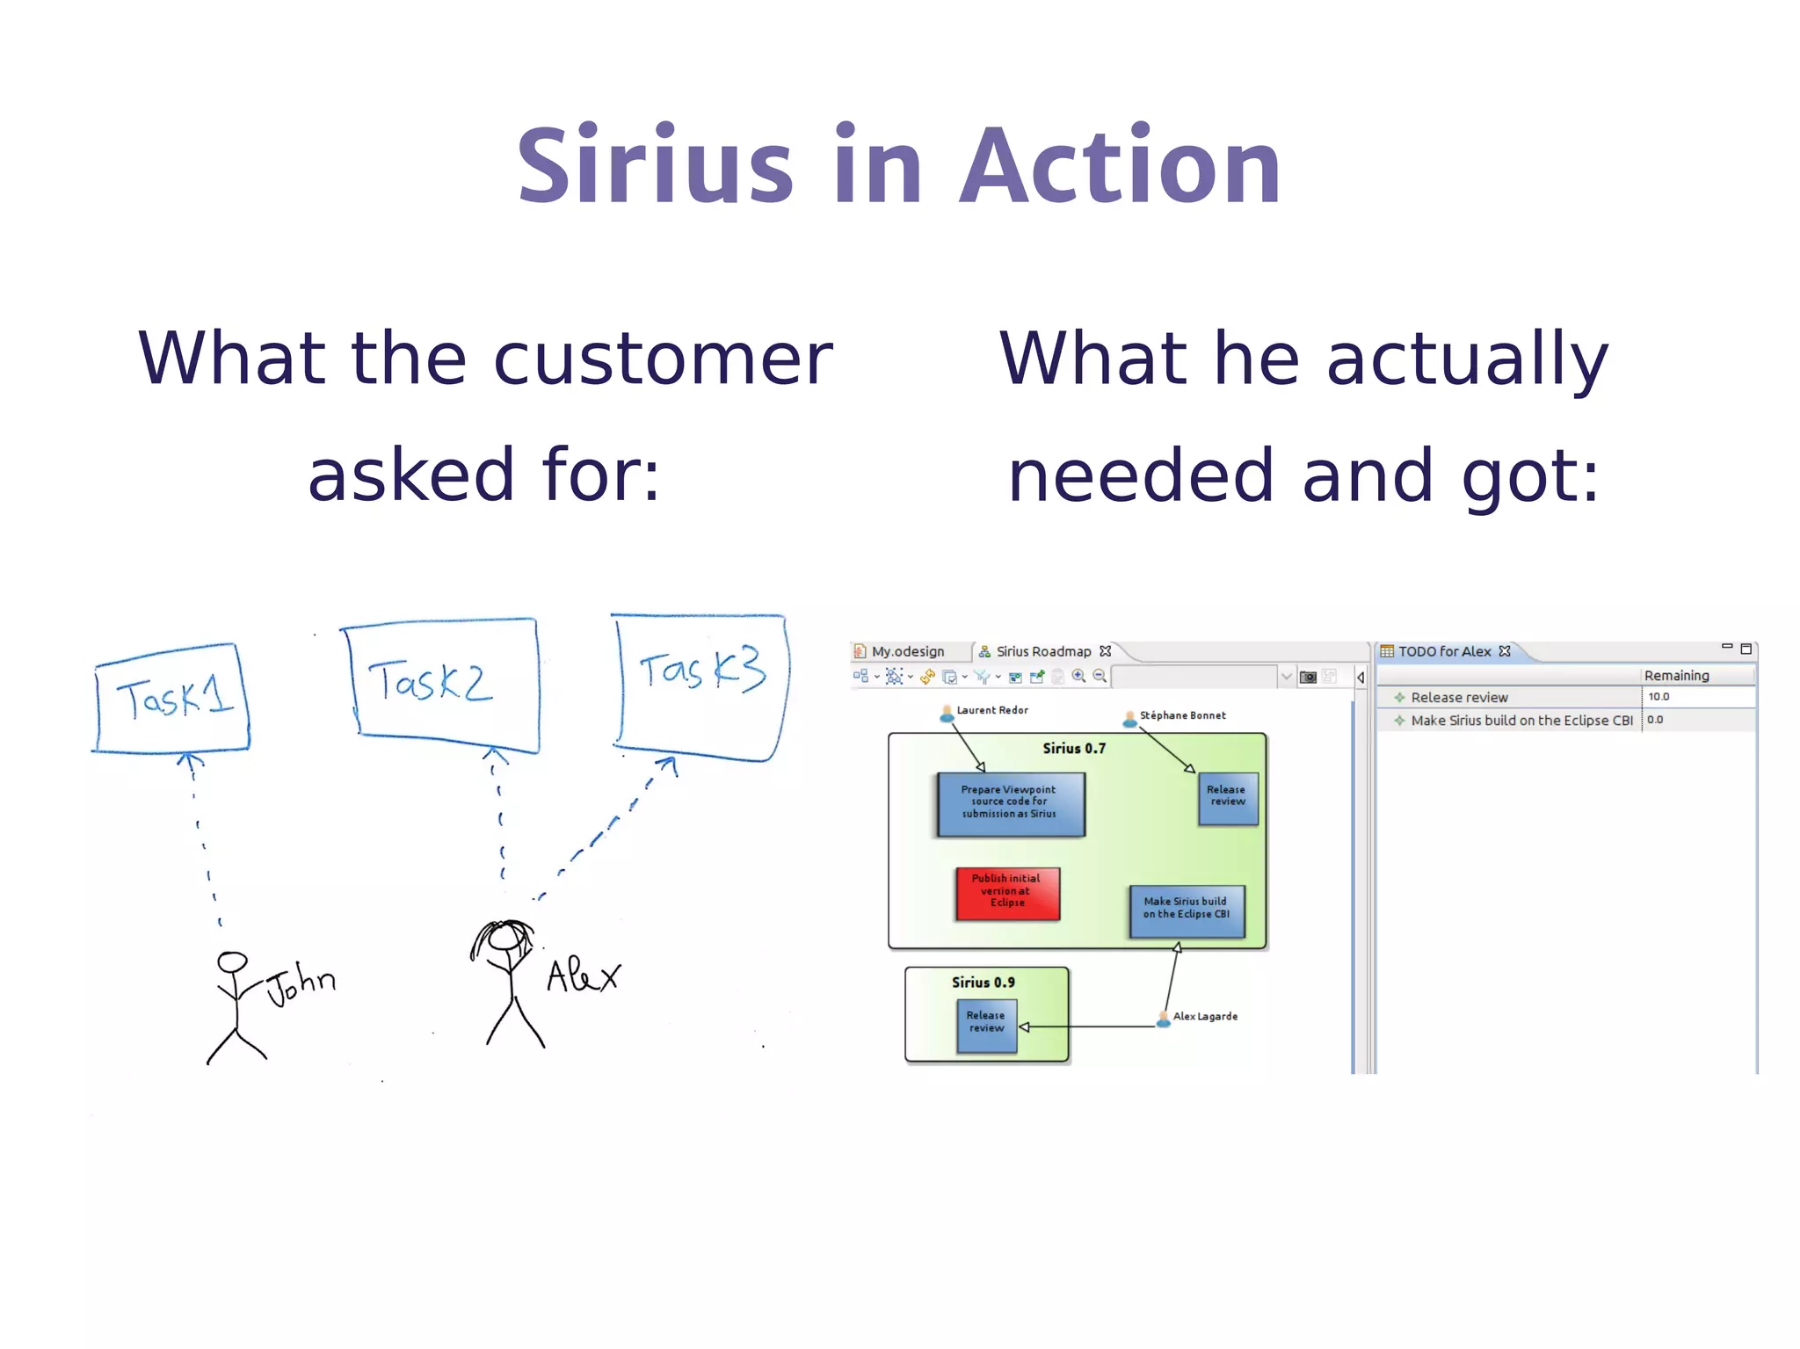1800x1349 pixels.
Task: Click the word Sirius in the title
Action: (655, 167)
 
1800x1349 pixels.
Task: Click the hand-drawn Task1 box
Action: (172, 699)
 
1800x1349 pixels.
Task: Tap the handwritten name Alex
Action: (583, 975)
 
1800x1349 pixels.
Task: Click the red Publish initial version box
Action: (1007, 893)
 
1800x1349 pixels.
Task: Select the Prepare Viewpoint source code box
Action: (1010, 802)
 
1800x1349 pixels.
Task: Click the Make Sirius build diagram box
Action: (1187, 910)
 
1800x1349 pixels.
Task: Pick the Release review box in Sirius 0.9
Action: (986, 1025)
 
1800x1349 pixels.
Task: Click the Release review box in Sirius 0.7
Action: (1227, 797)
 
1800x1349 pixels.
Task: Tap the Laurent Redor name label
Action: (991, 710)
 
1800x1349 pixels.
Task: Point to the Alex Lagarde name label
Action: (1204, 1017)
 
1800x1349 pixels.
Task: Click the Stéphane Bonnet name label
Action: (1182, 715)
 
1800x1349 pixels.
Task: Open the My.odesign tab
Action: (907, 651)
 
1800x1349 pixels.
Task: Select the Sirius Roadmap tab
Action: (1043, 651)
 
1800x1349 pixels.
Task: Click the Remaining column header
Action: (1676, 675)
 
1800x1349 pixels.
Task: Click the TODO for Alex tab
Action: (1444, 651)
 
